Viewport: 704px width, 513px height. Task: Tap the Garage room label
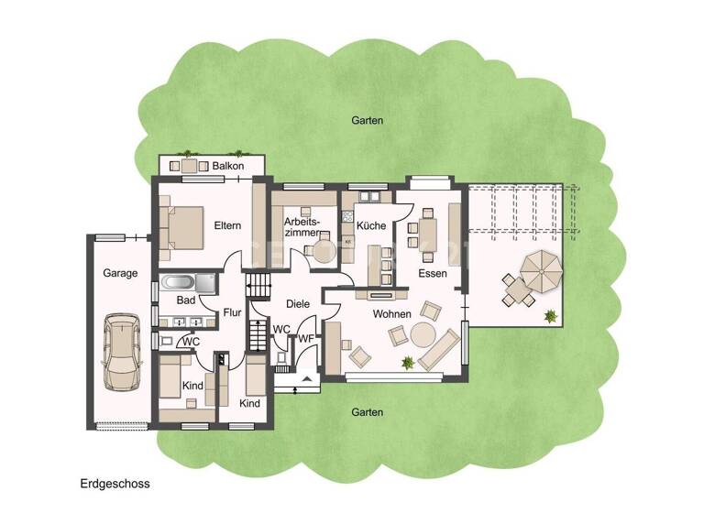point(120,273)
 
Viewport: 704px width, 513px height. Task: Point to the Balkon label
point(228,167)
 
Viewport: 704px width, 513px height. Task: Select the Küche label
point(371,225)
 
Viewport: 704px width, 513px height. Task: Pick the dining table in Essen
point(430,234)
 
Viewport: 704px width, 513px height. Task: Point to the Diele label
point(298,304)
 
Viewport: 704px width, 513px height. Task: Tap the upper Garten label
point(367,120)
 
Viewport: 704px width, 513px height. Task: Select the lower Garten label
point(367,412)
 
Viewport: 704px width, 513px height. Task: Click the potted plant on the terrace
point(550,316)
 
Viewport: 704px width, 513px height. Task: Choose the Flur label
point(233,312)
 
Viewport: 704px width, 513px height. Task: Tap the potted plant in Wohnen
point(407,363)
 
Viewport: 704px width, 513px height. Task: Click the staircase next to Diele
point(262,286)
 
